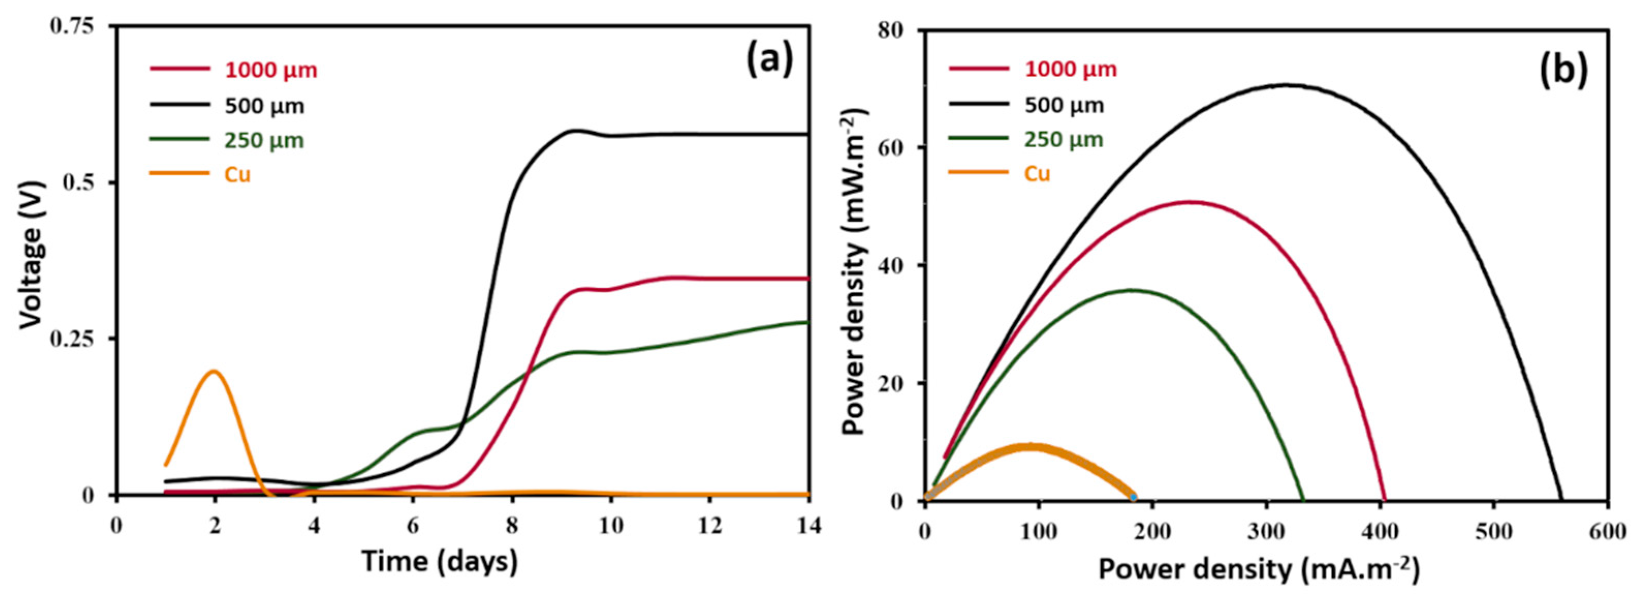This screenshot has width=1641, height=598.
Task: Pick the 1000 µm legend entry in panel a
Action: [x=270, y=70]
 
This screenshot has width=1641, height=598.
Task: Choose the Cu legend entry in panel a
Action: [x=237, y=174]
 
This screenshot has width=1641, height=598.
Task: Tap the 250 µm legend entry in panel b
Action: [x=1064, y=139]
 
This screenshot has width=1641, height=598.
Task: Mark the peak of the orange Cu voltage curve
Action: [x=214, y=371]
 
